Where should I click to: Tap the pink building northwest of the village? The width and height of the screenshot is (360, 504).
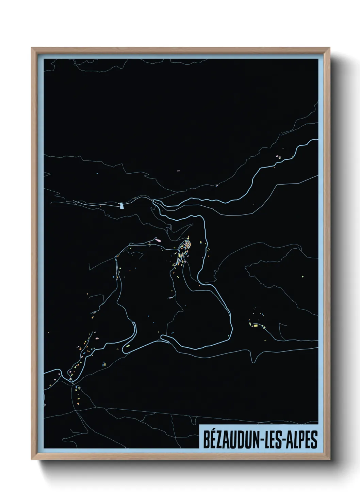point(158,240)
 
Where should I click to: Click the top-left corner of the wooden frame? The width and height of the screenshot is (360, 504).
point(32,48)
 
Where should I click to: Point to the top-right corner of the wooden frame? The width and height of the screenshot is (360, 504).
point(330,48)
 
